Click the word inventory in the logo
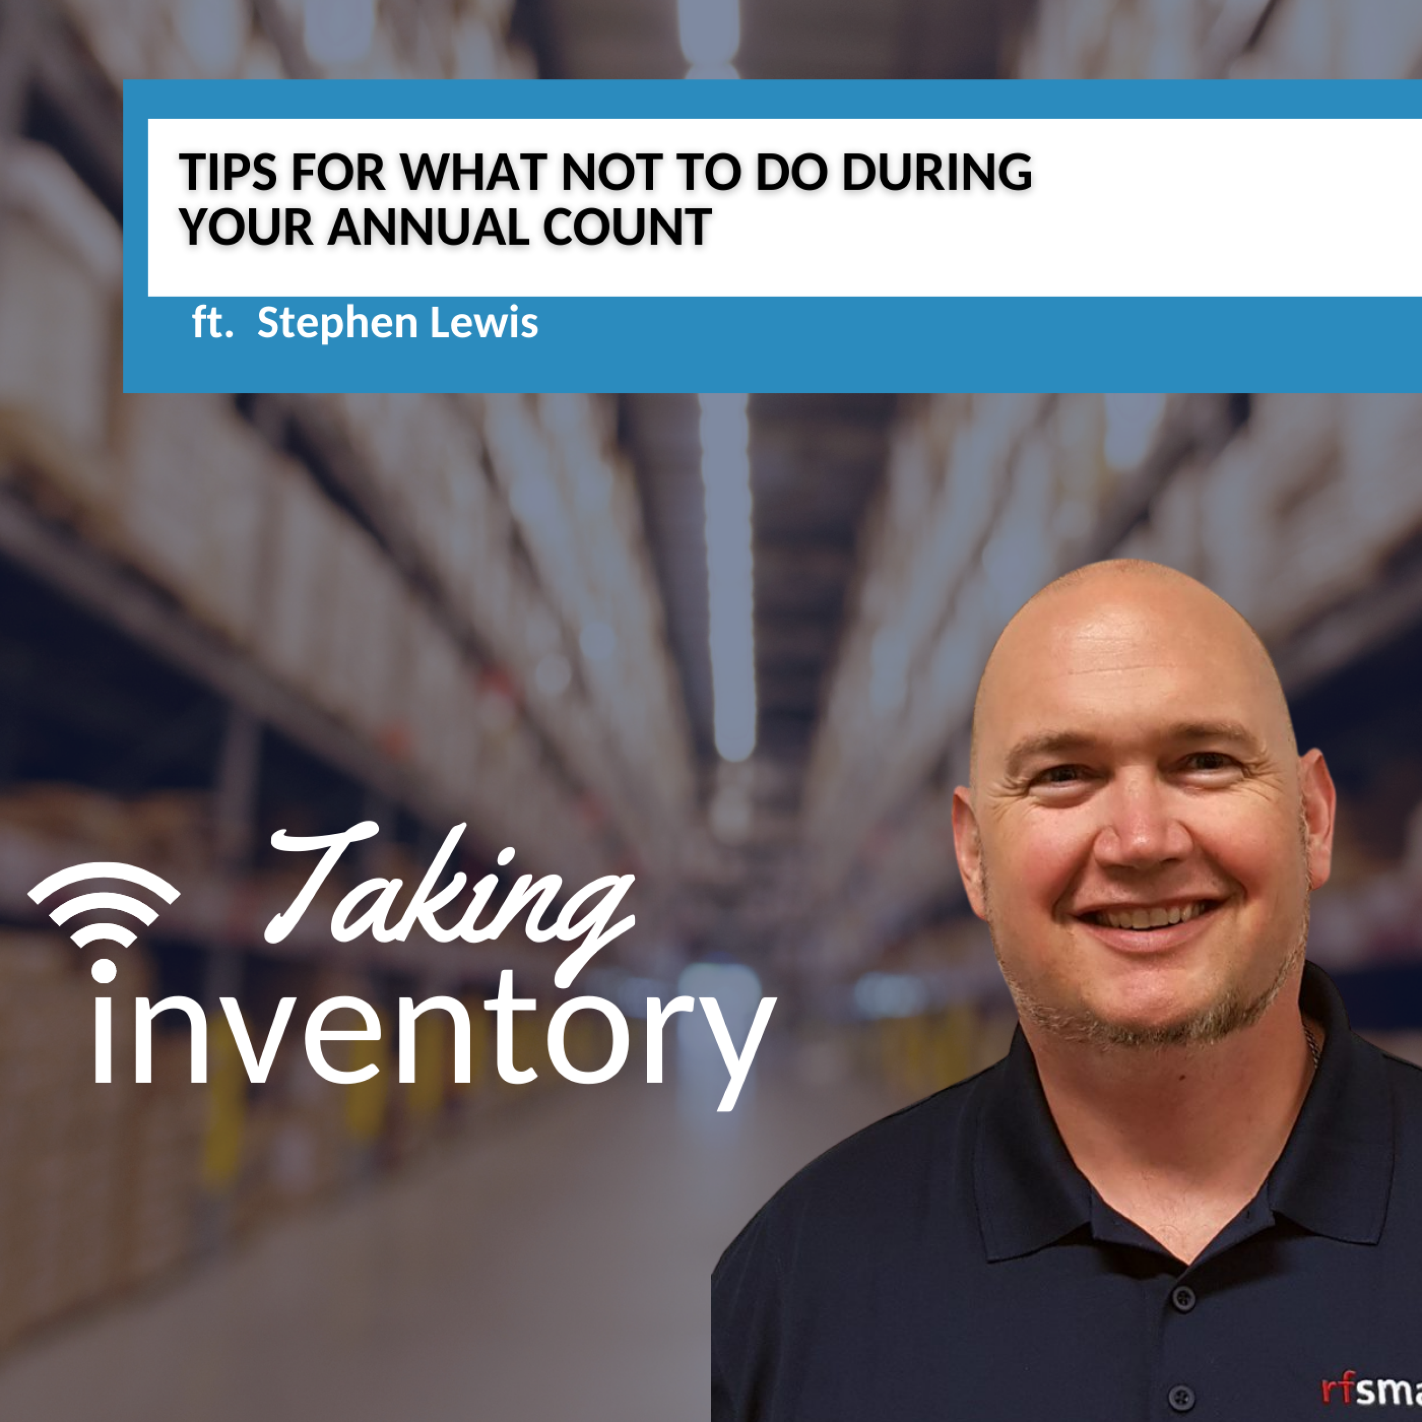pos(434,1045)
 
